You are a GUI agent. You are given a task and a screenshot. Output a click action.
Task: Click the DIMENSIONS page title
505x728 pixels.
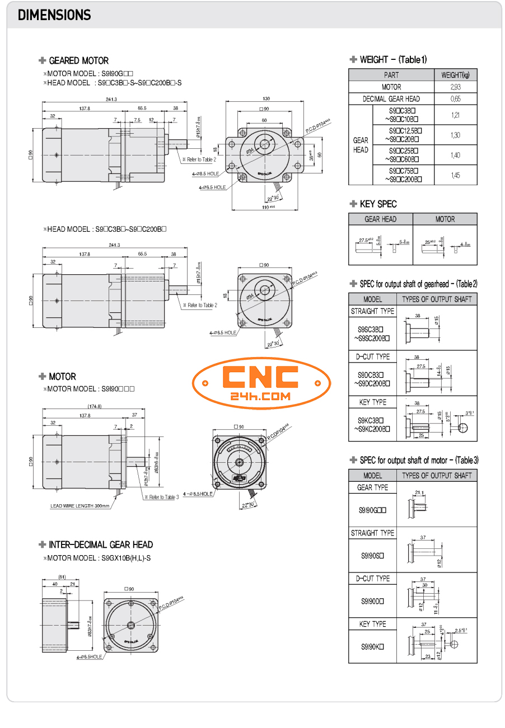click(54, 15)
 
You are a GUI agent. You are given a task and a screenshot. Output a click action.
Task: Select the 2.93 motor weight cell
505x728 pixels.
click(455, 87)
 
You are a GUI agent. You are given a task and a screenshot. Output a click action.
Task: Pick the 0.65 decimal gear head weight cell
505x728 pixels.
click(455, 98)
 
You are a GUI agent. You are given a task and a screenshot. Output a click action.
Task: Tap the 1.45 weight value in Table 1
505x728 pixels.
click(455, 175)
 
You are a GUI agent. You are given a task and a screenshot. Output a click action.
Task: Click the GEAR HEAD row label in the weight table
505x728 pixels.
click(361, 145)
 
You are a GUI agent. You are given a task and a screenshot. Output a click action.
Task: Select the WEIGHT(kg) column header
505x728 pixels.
click(455, 74)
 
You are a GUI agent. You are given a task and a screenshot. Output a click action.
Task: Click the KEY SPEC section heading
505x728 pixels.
click(377, 204)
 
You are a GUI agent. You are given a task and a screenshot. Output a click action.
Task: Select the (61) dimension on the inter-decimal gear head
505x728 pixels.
click(62, 576)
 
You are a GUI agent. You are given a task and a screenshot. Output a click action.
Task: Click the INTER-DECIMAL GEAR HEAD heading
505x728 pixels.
click(100, 544)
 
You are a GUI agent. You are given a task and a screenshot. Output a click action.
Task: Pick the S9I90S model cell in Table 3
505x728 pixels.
click(372, 555)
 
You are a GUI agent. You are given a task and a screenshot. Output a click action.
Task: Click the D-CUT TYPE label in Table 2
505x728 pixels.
click(372, 356)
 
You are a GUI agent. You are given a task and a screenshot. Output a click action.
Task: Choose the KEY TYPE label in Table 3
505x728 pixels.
click(372, 624)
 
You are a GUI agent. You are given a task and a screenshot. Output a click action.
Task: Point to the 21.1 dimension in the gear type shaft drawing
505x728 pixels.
click(419, 492)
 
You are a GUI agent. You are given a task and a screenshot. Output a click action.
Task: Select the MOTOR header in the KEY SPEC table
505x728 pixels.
click(445, 219)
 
